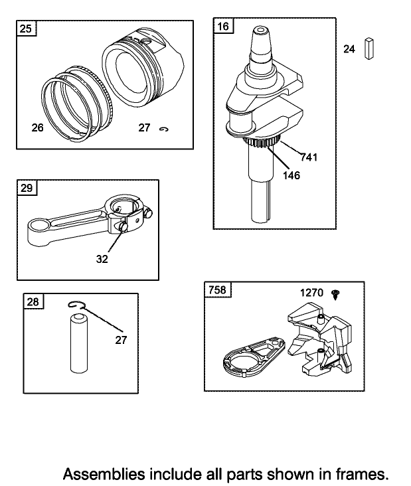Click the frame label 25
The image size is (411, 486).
[x=26, y=29]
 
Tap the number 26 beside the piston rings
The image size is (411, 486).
[x=37, y=127]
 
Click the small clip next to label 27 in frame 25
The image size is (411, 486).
[x=163, y=129]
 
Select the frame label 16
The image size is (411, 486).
[x=223, y=26]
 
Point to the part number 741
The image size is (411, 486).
[x=309, y=157]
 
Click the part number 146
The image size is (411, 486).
[x=291, y=175]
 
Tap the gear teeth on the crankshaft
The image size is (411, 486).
[x=262, y=143]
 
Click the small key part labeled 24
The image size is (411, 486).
[x=369, y=48]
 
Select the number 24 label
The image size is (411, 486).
[x=349, y=49]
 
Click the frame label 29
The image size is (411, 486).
[x=27, y=188]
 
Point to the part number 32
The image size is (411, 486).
[x=102, y=259]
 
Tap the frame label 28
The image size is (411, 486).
[x=33, y=301]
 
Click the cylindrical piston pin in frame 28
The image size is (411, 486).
[x=79, y=343]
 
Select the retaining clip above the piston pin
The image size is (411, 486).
[x=75, y=305]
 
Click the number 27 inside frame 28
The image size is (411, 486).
[x=121, y=340]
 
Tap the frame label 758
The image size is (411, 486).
[x=217, y=289]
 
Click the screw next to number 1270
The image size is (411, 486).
[x=335, y=294]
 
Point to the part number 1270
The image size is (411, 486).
[x=311, y=293]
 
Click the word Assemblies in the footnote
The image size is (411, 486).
[x=104, y=474]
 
